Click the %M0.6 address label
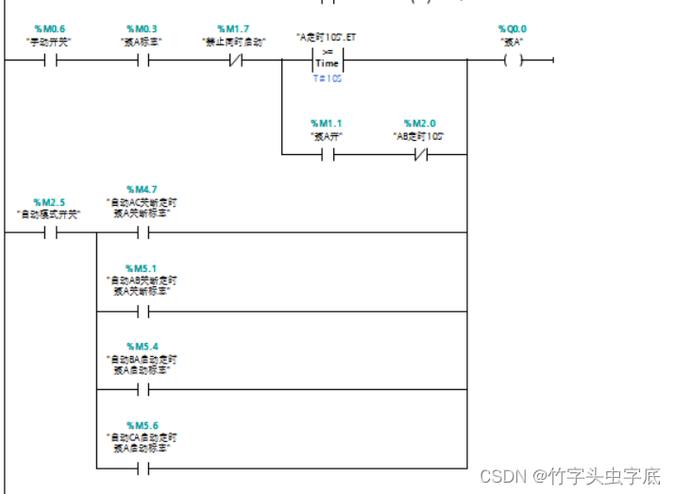(50, 29)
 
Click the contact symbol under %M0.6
(50, 61)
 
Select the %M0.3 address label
(142, 29)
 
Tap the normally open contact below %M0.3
(143, 61)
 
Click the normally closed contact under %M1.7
(233, 61)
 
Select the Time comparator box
(328, 60)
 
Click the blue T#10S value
(328, 79)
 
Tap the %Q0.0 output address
(513, 29)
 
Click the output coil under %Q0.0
(513, 61)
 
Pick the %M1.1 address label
(326, 124)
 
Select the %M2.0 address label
(420, 124)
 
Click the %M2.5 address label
(50, 202)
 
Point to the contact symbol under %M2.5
(50, 233)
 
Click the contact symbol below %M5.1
(143, 311)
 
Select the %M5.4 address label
(142, 346)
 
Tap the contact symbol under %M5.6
(143, 467)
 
